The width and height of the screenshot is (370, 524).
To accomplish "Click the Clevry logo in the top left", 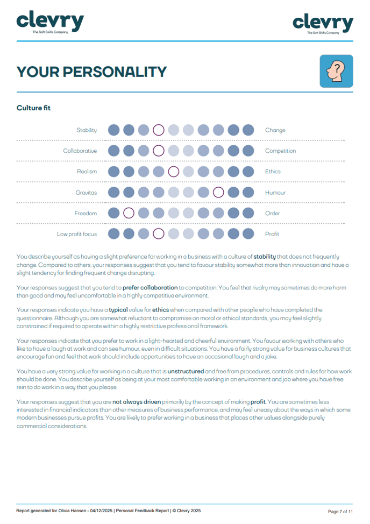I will [x=50, y=23].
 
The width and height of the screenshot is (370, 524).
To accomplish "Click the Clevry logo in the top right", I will [x=323, y=24].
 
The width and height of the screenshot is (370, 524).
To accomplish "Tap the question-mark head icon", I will [x=336, y=71].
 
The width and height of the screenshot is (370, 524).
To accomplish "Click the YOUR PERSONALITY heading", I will [x=91, y=72].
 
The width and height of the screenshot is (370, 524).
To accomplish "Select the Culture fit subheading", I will [x=33, y=108].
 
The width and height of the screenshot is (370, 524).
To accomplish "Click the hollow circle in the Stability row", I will [x=158, y=130].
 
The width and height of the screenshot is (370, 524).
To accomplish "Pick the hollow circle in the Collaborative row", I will [x=158, y=151].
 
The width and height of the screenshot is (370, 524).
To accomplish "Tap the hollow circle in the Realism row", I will [x=173, y=172].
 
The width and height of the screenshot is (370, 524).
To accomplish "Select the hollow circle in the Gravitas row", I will [x=218, y=193].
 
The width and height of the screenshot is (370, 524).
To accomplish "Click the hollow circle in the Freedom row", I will [x=129, y=213].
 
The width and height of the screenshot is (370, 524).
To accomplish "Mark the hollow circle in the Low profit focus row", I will [x=158, y=234].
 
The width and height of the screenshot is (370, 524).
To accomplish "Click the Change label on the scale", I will [x=275, y=130].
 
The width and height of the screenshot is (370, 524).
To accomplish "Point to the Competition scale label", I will [x=280, y=151].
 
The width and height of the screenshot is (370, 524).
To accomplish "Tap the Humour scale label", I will [x=275, y=193].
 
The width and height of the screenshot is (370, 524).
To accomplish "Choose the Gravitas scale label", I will [x=86, y=193].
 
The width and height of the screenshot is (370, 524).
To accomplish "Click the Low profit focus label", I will [x=77, y=234].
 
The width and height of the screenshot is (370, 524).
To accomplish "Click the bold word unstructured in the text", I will [x=186, y=371].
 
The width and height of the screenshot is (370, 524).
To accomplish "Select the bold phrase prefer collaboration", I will [x=150, y=288].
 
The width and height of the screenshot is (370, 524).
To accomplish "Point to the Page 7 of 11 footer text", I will [x=340, y=511].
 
